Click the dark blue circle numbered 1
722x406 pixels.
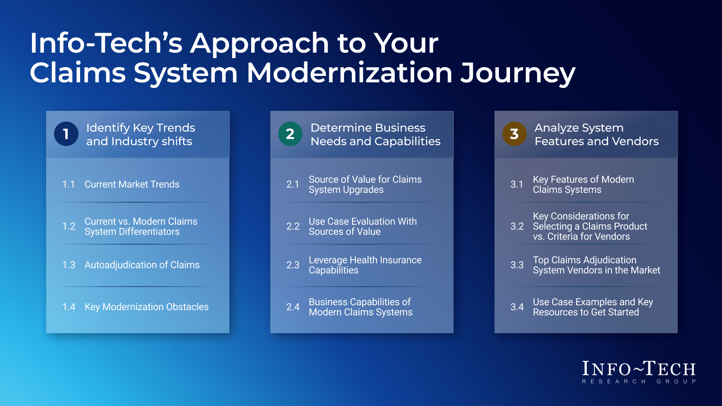tap(66, 134)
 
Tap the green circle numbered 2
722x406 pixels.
tap(290, 134)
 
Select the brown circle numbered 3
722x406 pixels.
tap(514, 134)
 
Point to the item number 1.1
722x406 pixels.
tap(68, 185)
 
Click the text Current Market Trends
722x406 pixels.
tap(132, 184)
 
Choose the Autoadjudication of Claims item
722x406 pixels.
tap(142, 265)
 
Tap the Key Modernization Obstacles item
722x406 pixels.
tap(147, 307)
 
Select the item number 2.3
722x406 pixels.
tap(293, 265)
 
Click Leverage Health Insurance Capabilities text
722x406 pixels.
tap(365, 265)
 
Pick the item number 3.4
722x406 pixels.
tap(517, 307)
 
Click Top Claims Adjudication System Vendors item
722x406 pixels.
tap(596, 265)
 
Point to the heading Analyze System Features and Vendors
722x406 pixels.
tap(597, 134)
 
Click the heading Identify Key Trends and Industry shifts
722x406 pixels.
tap(141, 134)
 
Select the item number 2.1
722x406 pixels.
tap(293, 185)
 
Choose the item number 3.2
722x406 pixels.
tap(517, 226)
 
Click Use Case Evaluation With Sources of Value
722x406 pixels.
tap(363, 226)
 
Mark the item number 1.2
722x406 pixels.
tap(69, 226)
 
